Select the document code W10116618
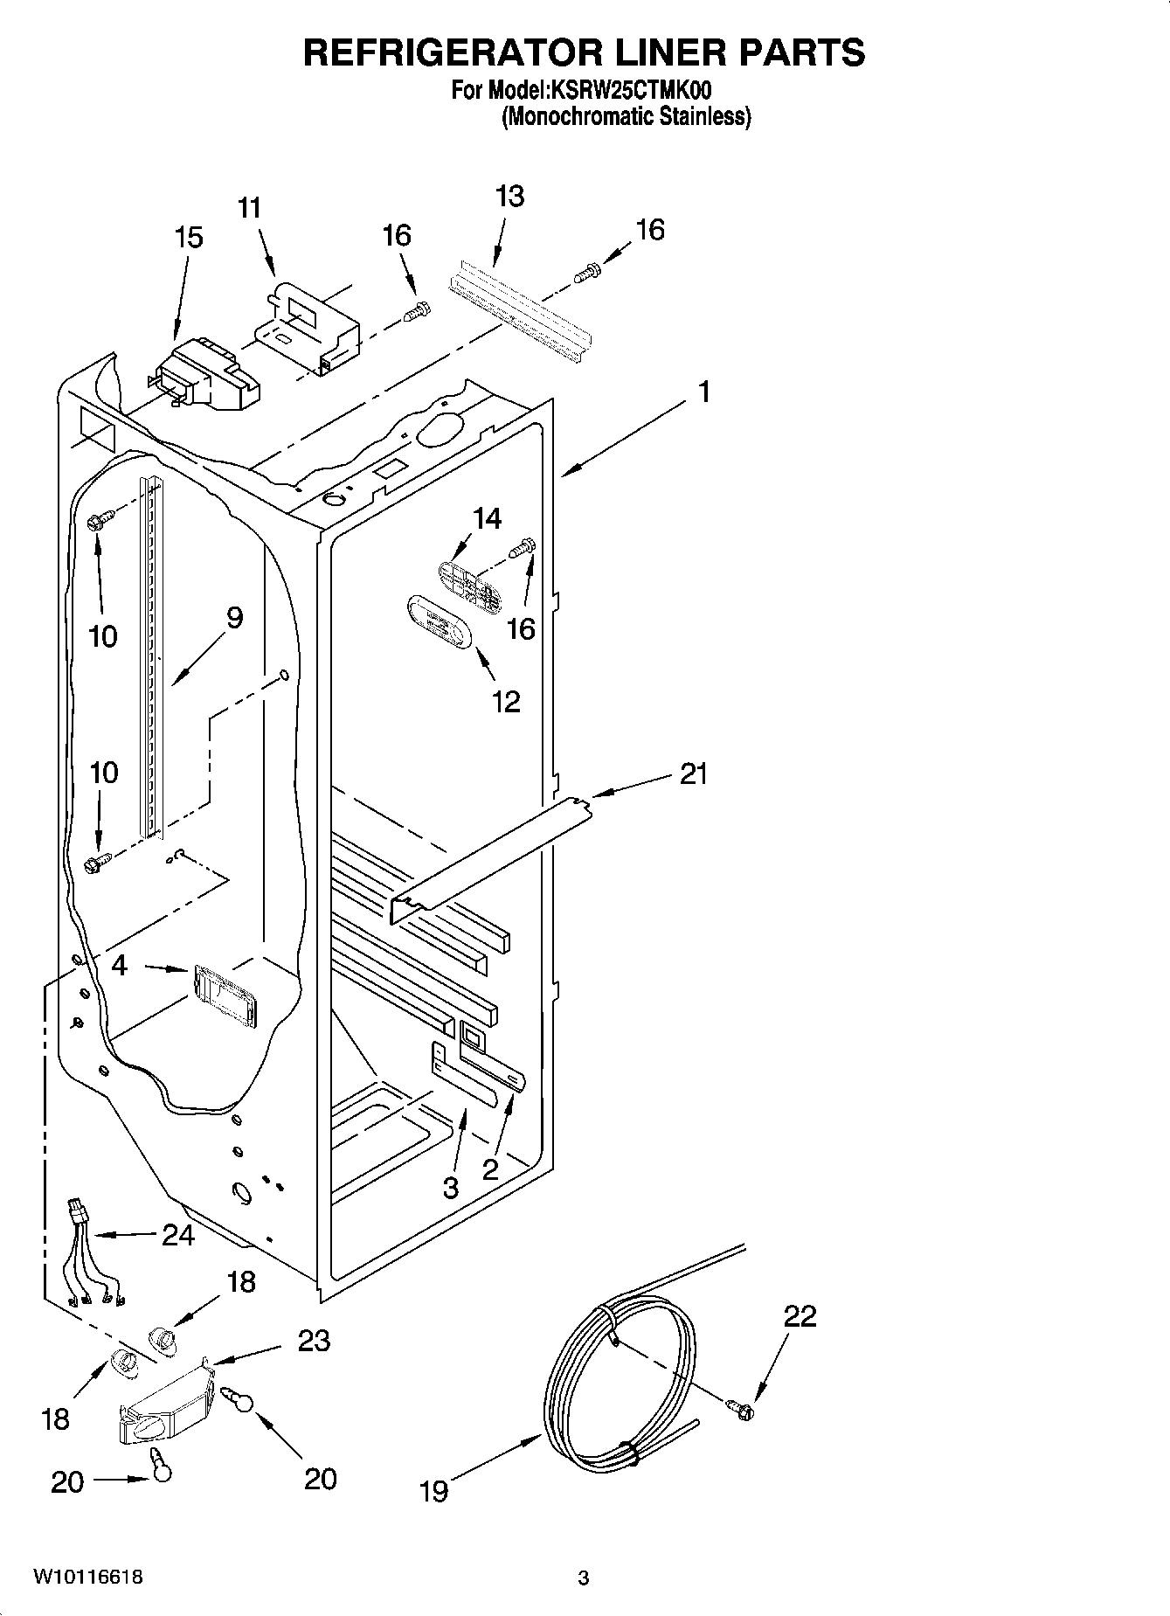tap(87, 1578)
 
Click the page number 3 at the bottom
tap(584, 1578)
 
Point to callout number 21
tap(693, 773)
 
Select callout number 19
tap(433, 1490)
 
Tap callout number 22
tap(800, 1315)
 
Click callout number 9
tap(233, 618)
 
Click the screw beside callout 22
tap(741, 1408)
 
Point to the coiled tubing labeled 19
tap(620, 1372)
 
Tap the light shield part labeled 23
tap(166, 1404)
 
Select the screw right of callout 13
tap(586, 273)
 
